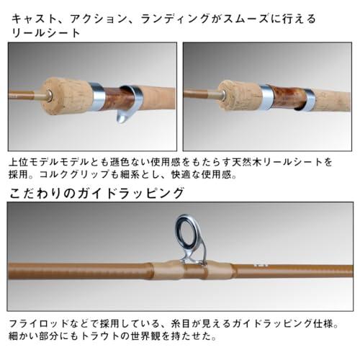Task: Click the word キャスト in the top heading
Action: tap(34, 19)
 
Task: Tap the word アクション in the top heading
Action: tap(98, 19)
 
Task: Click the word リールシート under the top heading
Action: tap(46, 33)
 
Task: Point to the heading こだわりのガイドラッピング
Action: tap(97, 194)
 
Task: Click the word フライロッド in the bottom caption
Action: tap(39, 324)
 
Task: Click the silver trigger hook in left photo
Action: tap(129, 106)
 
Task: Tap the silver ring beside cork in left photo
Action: tap(98, 96)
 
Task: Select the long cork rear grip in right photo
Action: tap(330, 99)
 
